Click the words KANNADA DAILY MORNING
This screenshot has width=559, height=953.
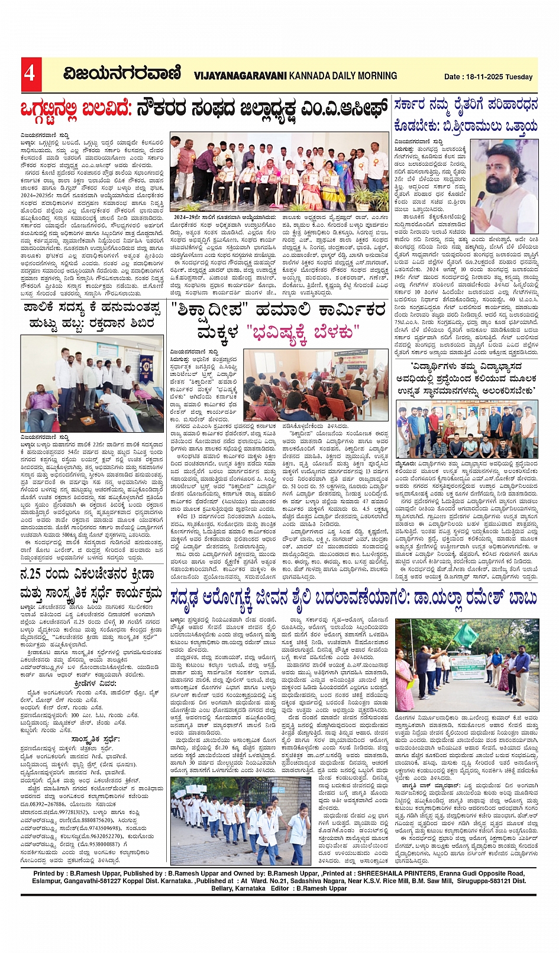click(343, 76)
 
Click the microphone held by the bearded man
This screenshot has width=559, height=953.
click(480, 198)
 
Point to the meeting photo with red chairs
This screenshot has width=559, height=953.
click(316, 385)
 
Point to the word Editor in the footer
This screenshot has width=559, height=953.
click(280, 888)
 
